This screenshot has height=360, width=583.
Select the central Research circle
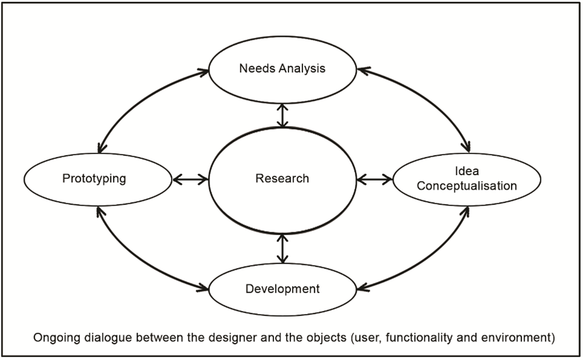tap(282, 179)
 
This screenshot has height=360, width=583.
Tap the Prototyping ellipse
tap(98, 179)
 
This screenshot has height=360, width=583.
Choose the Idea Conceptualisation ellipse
tap(467, 179)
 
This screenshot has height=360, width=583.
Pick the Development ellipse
tap(282, 289)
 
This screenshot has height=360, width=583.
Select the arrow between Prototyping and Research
tap(190, 179)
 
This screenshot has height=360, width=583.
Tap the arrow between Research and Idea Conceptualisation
tap(375, 179)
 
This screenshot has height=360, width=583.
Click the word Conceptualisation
tap(467, 185)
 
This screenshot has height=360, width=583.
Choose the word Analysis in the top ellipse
tap(302, 68)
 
